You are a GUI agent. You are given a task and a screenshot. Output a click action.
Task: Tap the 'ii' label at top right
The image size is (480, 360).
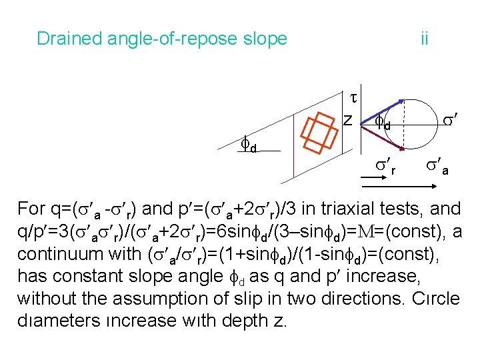point(424,39)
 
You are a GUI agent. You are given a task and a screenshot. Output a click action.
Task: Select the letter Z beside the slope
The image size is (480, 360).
point(347,120)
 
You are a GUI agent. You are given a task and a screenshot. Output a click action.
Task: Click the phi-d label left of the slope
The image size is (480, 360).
point(249,145)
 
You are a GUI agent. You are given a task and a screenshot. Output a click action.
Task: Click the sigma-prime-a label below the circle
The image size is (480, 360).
point(437,165)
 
